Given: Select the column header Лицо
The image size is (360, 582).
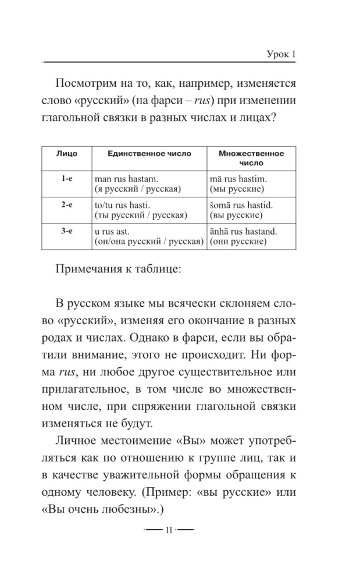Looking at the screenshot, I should pos(67,153).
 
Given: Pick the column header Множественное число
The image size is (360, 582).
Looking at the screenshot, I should pos(251,158).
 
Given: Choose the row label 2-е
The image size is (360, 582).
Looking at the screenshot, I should pos(67,206).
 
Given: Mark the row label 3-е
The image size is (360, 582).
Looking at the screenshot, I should pos(67,232).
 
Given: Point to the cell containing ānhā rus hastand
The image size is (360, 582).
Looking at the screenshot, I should pos(248,236).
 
